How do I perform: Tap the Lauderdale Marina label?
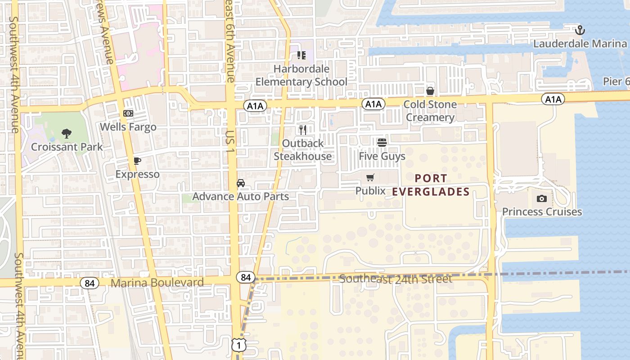click(x=580, y=44)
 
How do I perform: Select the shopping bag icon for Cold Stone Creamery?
click(x=430, y=91)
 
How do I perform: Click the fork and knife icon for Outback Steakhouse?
click(x=303, y=130)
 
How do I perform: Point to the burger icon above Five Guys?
click(x=382, y=143)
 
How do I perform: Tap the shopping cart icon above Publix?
click(x=370, y=177)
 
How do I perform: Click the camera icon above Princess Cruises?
click(x=542, y=198)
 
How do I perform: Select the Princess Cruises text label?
click(x=542, y=211)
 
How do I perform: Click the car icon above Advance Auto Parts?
click(x=241, y=183)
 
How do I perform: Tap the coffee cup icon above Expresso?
click(x=137, y=161)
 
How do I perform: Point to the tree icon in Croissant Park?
click(x=67, y=133)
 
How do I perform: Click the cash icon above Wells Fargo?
click(x=128, y=113)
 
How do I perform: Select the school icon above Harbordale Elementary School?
click(x=301, y=55)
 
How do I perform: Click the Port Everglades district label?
click(x=431, y=185)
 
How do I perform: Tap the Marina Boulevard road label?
click(x=157, y=283)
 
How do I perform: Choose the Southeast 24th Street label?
click(x=396, y=279)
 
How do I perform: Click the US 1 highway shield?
click(x=239, y=346)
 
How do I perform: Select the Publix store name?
click(x=370, y=191)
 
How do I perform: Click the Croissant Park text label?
click(x=67, y=147)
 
